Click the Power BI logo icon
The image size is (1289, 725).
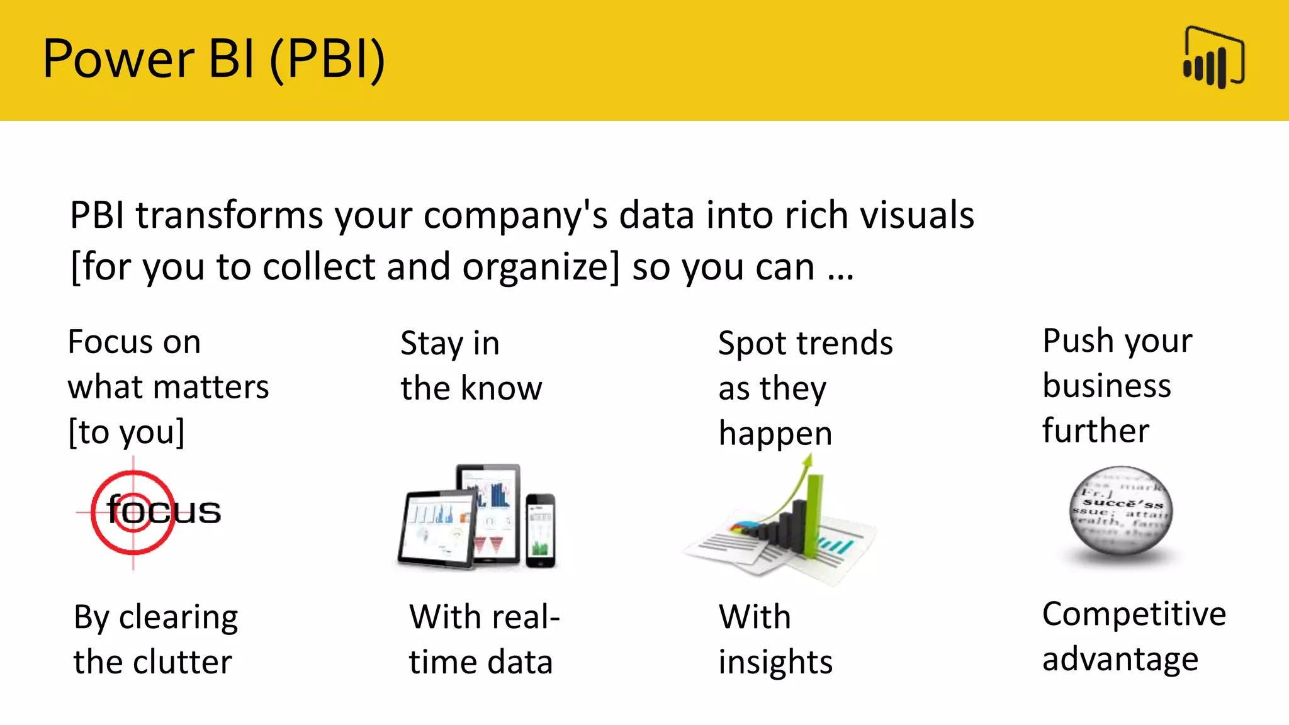(1213, 57)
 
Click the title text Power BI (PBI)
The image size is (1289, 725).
(213, 59)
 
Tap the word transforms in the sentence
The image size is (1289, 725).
(230, 216)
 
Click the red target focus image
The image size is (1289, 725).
(133, 512)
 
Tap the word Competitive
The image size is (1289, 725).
(1134, 614)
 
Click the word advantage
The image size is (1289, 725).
(1120, 660)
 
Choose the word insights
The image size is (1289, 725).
(775, 663)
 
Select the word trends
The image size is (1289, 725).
(844, 344)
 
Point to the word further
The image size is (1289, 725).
(1095, 431)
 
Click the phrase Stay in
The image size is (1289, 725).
(449, 344)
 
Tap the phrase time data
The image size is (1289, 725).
(480, 663)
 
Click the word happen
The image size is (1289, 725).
(775, 434)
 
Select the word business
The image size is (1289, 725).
(1106, 386)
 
